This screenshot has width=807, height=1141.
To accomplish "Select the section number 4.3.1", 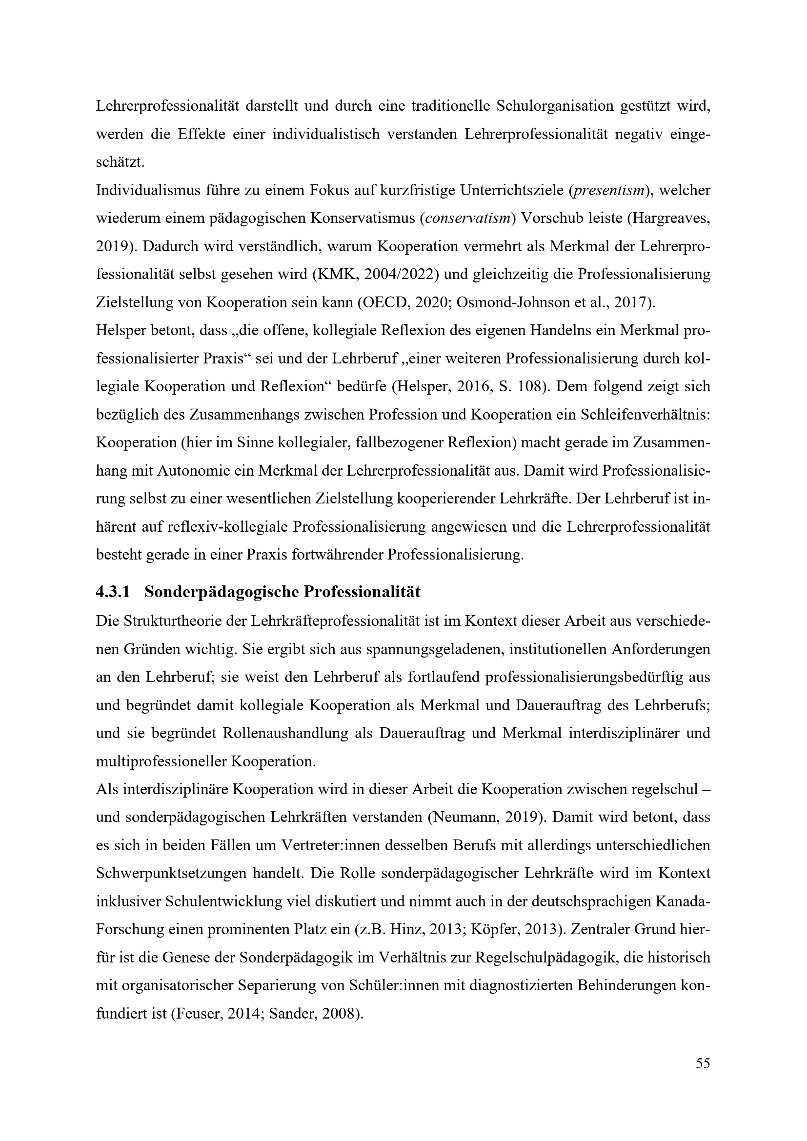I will coord(113,592).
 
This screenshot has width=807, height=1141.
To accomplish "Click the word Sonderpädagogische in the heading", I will coord(221,592).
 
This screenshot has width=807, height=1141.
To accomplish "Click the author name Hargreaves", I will coord(669,219).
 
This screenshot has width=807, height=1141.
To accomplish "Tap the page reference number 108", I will coord(528,387).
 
